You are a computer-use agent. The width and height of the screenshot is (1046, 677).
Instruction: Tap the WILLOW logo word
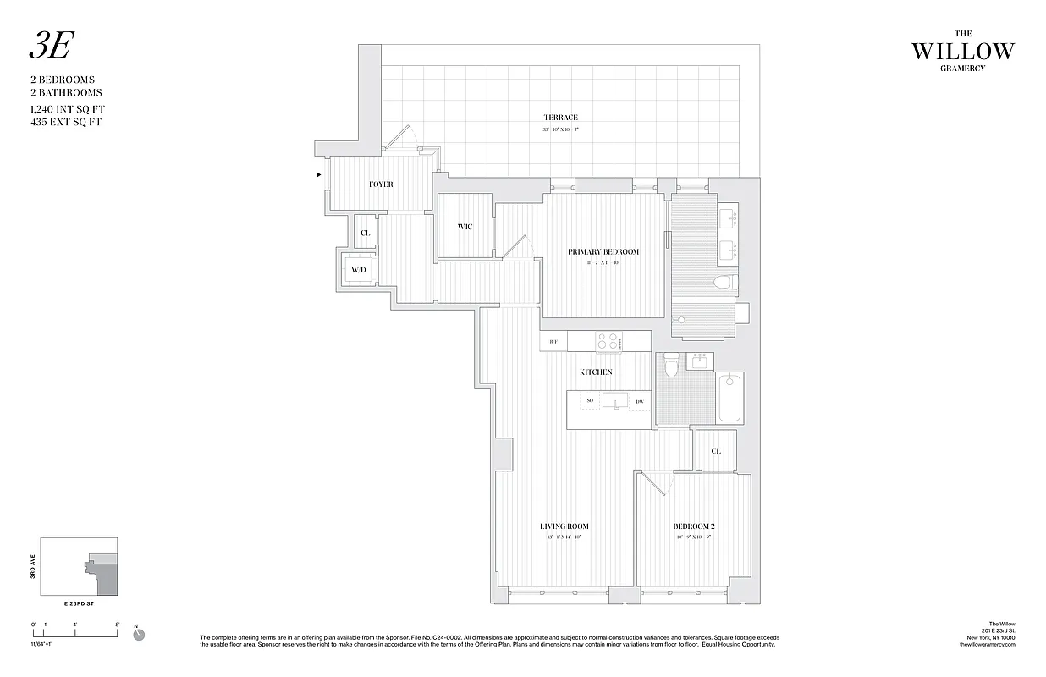coord(962,52)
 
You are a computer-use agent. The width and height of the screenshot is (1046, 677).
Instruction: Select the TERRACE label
coord(560,118)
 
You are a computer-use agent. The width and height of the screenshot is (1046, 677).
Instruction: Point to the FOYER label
coord(381,184)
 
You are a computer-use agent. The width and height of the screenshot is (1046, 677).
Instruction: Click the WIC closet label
coord(465,227)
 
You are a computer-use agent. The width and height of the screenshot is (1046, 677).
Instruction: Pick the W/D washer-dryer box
coord(359,271)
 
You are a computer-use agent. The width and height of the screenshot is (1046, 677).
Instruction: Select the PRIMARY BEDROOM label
coord(603,252)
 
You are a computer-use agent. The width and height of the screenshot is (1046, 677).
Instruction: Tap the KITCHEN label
coord(596,372)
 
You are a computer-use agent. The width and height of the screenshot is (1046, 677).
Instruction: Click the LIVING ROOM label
coord(564,526)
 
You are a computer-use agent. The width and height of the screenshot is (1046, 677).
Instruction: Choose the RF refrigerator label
coord(553,342)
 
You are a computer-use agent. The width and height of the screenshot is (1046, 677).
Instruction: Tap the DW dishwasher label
coord(640,401)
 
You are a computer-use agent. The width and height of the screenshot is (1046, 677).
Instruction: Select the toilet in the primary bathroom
coord(724,283)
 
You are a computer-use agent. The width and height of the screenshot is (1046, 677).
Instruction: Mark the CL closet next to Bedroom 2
coord(716,451)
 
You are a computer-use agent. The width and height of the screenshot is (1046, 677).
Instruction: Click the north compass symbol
coord(139,634)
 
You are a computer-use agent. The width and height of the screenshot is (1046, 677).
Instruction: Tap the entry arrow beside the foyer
coord(318,175)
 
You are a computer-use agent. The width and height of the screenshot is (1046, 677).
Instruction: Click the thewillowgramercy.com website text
coord(986,645)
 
